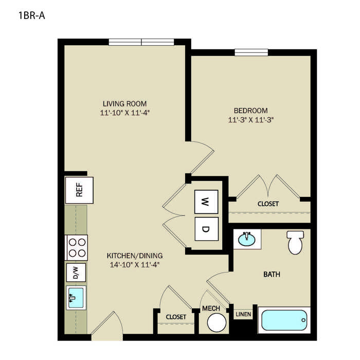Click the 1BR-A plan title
click(x=32, y=15)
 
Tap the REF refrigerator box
click(x=79, y=190)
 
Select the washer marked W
click(x=206, y=202)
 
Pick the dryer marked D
click(x=206, y=229)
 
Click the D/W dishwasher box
click(x=76, y=273)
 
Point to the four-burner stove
click(x=77, y=247)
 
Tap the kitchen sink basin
click(x=76, y=298)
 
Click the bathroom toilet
click(x=295, y=242)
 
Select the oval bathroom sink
click(x=246, y=239)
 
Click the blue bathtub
click(x=284, y=320)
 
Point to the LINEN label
click(x=243, y=314)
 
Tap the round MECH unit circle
click(x=217, y=322)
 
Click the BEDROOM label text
click(x=251, y=111)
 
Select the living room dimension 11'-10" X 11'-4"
click(x=125, y=113)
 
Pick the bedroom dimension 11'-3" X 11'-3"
click(x=251, y=120)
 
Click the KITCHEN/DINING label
click(x=135, y=256)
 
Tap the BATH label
click(x=272, y=274)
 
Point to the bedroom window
click(x=251, y=52)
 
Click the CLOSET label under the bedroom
click(x=268, y=204)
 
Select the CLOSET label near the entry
click(x=176, y=317)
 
